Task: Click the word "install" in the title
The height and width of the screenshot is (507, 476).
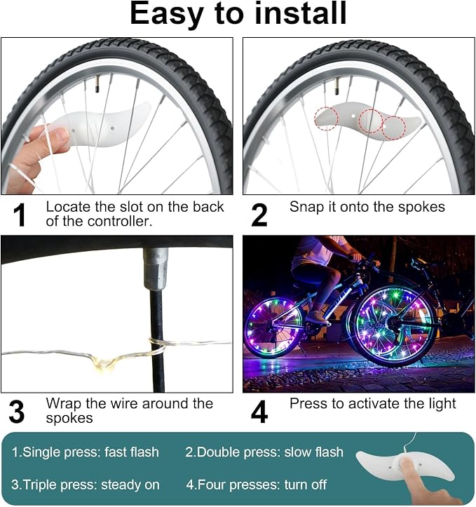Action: pyautogui.click(x=300, y=13)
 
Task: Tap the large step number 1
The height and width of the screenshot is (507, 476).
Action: pyautogui.click(x=20, y=215)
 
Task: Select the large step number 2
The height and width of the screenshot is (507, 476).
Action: pyautogui.click(x=259, y=215)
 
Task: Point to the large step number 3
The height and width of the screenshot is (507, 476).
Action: pyautogui.click(x=17, y=412)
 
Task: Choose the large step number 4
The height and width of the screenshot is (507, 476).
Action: pyautogui.click(x=259, y=412)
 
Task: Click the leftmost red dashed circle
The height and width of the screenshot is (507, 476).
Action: pyautogui.click(x=327, y=119)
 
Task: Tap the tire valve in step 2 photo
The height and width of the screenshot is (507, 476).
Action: pyautogui.click(x=336, y=86)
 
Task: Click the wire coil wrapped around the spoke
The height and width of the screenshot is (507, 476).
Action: pyautogui.click(x=157, y=345)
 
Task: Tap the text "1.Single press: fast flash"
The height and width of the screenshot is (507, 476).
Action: pyautogui.click(x=86, y=452)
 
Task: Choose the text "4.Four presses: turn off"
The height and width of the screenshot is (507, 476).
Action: pyautogui.click(x=257, y=485)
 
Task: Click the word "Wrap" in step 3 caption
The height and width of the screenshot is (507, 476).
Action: pyautogui.click(x=64, y=404)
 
